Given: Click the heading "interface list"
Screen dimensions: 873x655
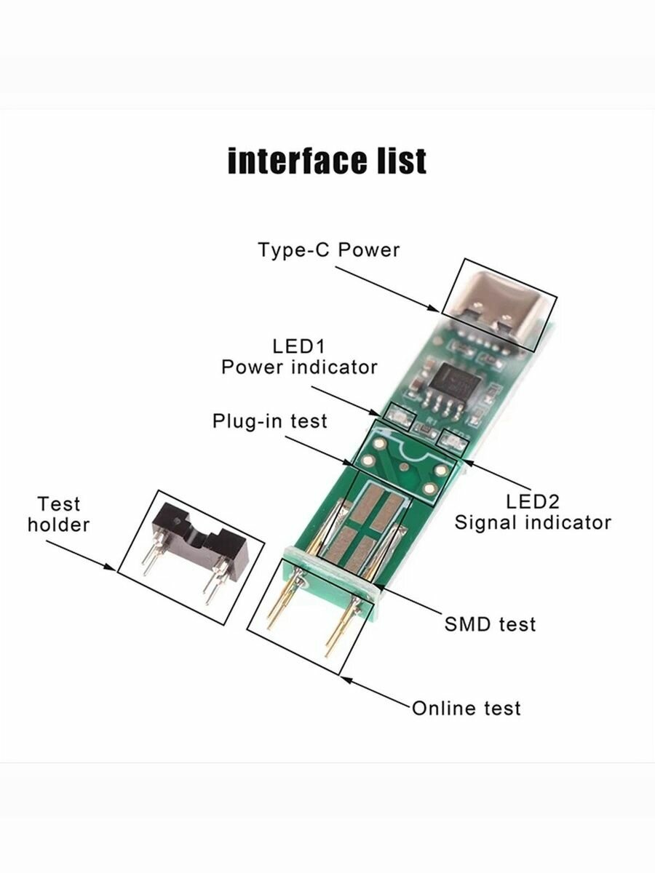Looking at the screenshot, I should [x=327, y=161].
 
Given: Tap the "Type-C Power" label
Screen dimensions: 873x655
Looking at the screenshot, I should [x=329, y=250].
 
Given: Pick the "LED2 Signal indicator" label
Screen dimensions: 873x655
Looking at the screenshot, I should [x=533, y=511].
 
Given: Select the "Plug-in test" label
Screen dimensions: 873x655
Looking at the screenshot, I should [x=270, y=421].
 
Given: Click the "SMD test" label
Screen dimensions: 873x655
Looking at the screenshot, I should [x=490, y=623].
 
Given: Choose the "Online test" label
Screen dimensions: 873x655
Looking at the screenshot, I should [x=467, y=708].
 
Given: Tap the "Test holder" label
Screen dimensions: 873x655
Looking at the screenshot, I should [x=59, y=514].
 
